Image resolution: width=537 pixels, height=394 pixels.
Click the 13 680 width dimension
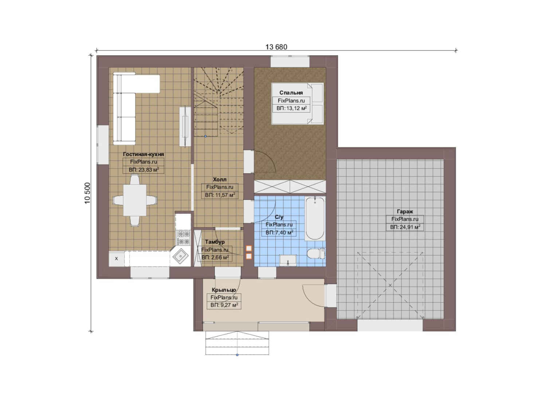coord(276,47)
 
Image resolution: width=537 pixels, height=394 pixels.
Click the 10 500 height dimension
coord(87,193)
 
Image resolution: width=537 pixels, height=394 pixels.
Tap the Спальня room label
coord(291,93)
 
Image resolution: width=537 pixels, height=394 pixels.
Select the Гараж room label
coord(405,212)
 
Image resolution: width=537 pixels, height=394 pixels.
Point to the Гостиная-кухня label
coord(144,154)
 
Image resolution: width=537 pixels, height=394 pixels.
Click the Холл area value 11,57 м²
coord(220,195)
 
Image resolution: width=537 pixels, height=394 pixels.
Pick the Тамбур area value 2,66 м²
coord(215,258)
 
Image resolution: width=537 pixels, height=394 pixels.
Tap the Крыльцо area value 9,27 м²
coord(224,305)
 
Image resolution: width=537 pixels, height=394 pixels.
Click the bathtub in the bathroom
coord(315,219)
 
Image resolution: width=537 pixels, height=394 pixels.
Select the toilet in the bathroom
coord(316,254)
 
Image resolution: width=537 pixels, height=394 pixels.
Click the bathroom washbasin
coord(288,260)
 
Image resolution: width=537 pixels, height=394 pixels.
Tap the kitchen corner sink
coord(180,257)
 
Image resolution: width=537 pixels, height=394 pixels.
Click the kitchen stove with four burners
coord(183,237)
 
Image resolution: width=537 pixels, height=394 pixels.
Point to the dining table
coord(135,200)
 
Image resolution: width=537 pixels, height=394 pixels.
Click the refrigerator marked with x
coord(117,259)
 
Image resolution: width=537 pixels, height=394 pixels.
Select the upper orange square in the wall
coord(249,248)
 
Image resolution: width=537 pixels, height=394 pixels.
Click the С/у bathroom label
coord(279,217)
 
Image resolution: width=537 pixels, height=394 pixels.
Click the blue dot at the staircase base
coord(205,136)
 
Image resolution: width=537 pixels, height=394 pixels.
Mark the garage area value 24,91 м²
coord(405,227)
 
